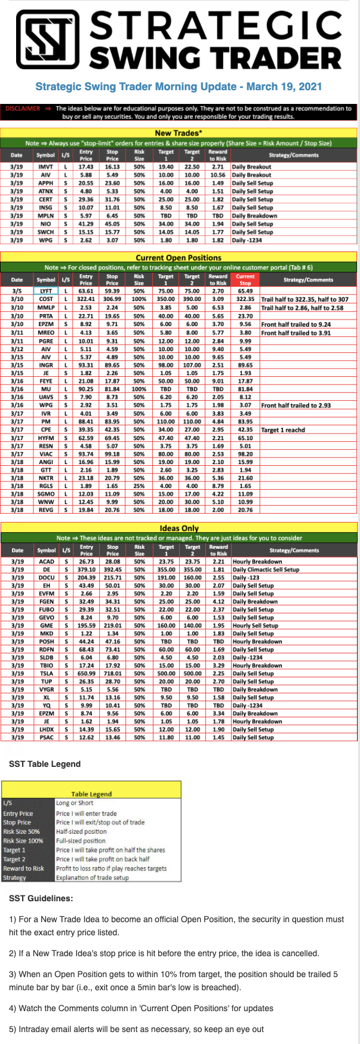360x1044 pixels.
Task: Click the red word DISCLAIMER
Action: click(x=22, y=109)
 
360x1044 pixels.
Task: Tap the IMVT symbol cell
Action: click(x=45, y=167)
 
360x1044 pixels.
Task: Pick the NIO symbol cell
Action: click(x=45, y=224)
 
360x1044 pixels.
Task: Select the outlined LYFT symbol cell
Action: click(x=46, y=291)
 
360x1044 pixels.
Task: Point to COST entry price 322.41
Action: click(x=86, y=299)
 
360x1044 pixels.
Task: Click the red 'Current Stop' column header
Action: click(x=245, y=280)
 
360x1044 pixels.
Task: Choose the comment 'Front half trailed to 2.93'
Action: click(x=296, y=406)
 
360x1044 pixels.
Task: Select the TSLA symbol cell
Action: click(x=46, y=673)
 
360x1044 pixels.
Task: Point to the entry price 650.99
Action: click(x=87, y=673)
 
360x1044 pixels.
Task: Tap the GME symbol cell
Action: click(x=46, y=625)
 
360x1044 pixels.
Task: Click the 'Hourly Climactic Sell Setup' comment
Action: click(x=266, y=570)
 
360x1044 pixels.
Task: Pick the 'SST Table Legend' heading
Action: click(x=45, y=764)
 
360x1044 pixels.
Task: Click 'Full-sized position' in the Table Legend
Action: click(x=81, y=841)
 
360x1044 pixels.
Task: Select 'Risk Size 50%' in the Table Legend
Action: click(x=21, y=832)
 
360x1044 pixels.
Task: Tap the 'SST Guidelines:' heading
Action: click(x=41, y=898)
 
